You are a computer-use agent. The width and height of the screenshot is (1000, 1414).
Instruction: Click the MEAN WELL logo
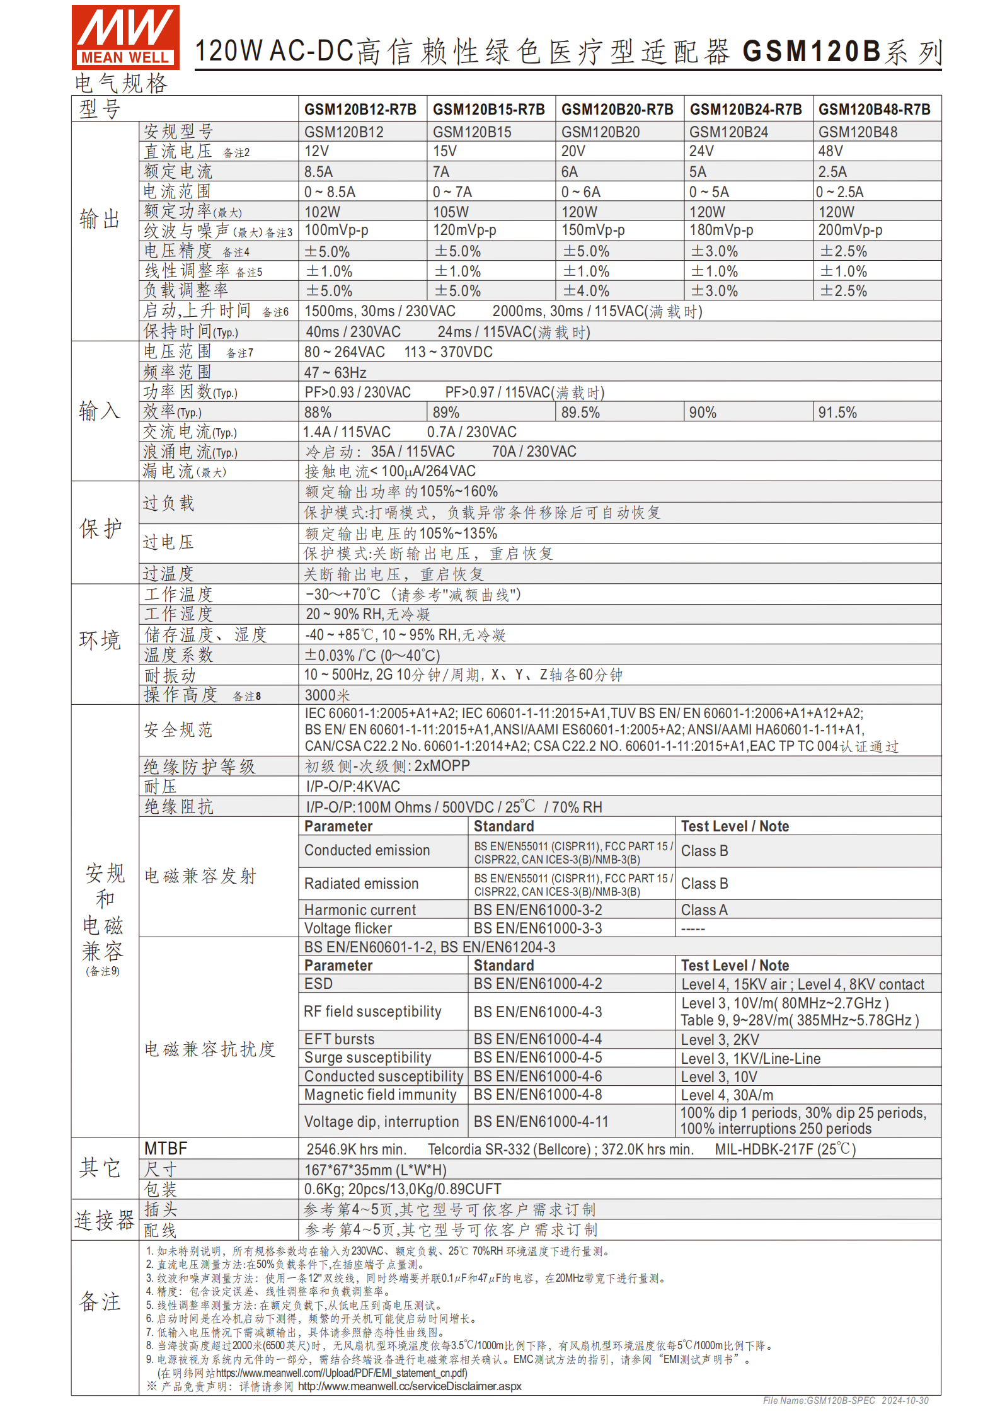click(125, 37)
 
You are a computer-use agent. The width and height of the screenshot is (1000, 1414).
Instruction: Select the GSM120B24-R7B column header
click(745, 110)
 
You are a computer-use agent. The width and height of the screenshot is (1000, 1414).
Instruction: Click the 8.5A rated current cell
click(318, 172)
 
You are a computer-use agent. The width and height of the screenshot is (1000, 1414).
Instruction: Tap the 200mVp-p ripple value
click(849, 231)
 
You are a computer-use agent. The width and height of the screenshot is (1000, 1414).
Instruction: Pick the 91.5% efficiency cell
click(837, 413)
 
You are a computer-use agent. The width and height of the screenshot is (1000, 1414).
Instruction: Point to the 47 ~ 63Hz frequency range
click(335, 373)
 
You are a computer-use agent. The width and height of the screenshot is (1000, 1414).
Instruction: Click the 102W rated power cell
click(322, 212)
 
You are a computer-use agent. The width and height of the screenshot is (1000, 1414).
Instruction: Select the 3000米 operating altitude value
click(327, 695)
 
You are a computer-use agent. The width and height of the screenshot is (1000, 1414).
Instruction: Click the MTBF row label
click(166, 1148)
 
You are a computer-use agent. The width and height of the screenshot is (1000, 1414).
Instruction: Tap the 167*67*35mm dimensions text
click(376, 1170)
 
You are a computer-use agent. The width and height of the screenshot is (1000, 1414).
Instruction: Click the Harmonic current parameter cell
click(360, 910)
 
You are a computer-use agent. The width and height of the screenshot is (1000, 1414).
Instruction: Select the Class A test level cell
click(704, 910)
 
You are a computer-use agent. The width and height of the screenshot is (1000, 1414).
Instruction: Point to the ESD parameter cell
click(318, 984)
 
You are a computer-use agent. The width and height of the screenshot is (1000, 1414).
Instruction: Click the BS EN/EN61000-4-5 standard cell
click(537, 1058)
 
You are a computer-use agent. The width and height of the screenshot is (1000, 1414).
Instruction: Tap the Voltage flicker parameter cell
click(348, 928)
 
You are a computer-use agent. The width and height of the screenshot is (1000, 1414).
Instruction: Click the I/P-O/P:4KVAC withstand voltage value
click(353, 787)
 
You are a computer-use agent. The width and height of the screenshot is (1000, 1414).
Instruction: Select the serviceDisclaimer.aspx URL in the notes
click(410, 1386)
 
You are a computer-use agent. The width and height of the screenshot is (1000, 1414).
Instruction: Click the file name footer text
click(845, 1401)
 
